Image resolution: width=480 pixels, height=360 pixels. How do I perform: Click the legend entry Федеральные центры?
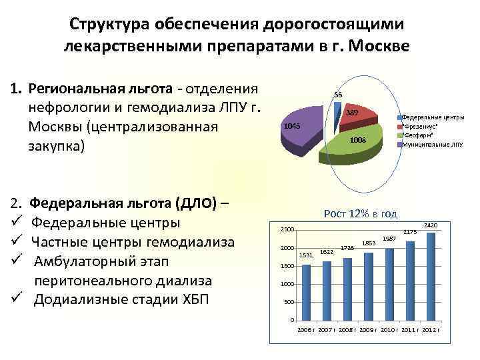433,117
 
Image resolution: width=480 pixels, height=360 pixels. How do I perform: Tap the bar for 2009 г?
368,286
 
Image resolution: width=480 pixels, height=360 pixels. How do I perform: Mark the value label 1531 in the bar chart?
306,255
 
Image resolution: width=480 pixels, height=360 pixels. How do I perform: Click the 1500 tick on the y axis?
285,267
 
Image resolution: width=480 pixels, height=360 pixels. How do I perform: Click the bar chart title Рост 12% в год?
360,213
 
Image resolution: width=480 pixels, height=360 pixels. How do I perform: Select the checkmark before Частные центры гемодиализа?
19,241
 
